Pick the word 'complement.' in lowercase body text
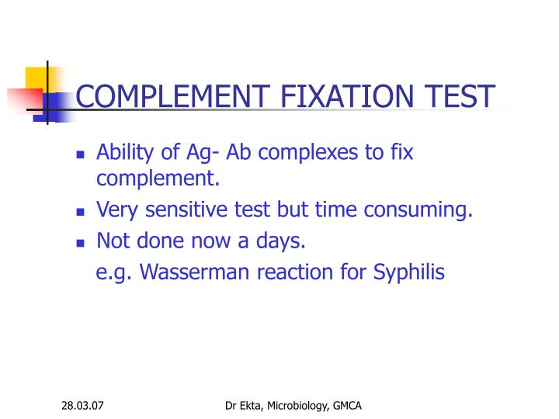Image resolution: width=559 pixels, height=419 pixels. (x=158, y=180)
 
